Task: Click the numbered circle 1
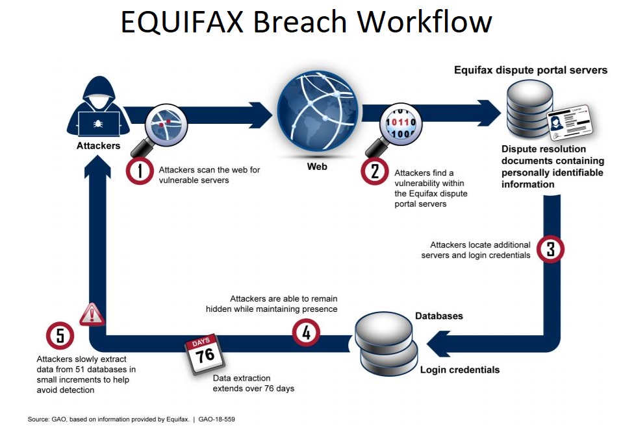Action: coord(140,171)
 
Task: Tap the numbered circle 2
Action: coord(374,171)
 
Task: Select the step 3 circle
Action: coord(550,249)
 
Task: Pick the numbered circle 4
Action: coord(306,333)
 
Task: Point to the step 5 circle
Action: coord(60,336)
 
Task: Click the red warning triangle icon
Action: coord(92,314)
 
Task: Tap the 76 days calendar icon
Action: coord(204,354)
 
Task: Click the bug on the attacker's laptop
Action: coord(98,123)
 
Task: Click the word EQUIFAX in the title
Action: coord(182,22)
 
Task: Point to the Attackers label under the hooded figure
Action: coord(98,146)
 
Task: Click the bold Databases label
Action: coord(438,316)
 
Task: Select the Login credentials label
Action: coord(460,370)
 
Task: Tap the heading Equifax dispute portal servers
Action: coord(531,70)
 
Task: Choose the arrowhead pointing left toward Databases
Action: coord(438,344)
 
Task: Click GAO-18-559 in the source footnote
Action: coord(216,419)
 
